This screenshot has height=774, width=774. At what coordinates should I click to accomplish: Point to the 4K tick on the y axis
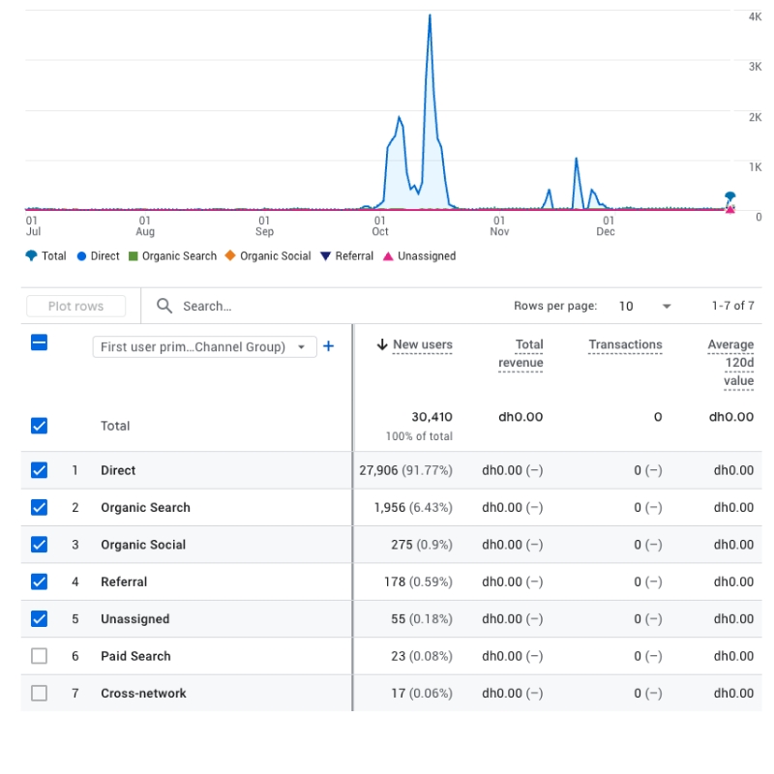(x=755, y=16)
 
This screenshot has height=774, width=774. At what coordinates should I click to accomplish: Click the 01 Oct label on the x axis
(x=380, y=225)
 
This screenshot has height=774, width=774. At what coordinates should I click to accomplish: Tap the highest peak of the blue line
(x=430, y=16)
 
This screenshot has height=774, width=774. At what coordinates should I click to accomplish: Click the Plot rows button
(x=75, y=306)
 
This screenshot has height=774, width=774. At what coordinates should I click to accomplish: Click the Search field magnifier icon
(x=164, y=306)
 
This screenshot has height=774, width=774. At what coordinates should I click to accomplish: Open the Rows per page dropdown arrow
(x=667, y=307)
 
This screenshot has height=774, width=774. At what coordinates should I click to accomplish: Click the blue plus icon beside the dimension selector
(x=328, y=346)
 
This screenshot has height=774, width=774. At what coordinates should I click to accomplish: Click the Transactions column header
(x=625, y=344)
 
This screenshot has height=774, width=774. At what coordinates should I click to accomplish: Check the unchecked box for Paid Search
(x=39, y=656)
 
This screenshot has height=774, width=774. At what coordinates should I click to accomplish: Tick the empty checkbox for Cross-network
(x=39, y=693)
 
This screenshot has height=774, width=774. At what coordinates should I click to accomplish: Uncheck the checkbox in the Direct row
(x=39, y=470)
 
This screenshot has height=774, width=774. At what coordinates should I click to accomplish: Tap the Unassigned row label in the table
(x=134, y=619)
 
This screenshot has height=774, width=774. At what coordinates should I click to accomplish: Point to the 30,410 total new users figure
(x=432, y=417)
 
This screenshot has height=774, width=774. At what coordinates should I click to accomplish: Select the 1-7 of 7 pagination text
(x=732, y=306)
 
